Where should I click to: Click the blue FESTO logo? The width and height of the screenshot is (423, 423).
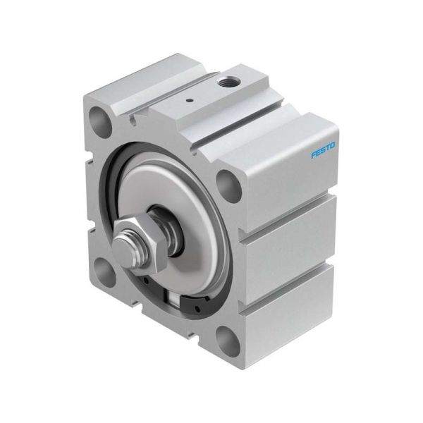pos(323,149)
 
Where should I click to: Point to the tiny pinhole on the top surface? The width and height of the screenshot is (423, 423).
pos(190,100)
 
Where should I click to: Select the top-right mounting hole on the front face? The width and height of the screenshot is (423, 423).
pos(228,186)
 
